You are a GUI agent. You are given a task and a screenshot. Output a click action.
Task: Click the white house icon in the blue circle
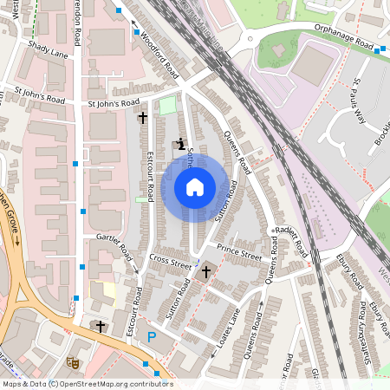(x=195, y=186)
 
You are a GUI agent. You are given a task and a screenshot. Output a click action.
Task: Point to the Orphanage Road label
(x=344, y=42)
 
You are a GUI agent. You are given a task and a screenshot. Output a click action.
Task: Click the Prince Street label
(x=239, y=255)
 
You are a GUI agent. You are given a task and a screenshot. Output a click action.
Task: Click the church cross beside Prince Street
(x=205, y=273)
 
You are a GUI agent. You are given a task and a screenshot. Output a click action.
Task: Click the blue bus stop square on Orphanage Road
(x=377, y=50)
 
